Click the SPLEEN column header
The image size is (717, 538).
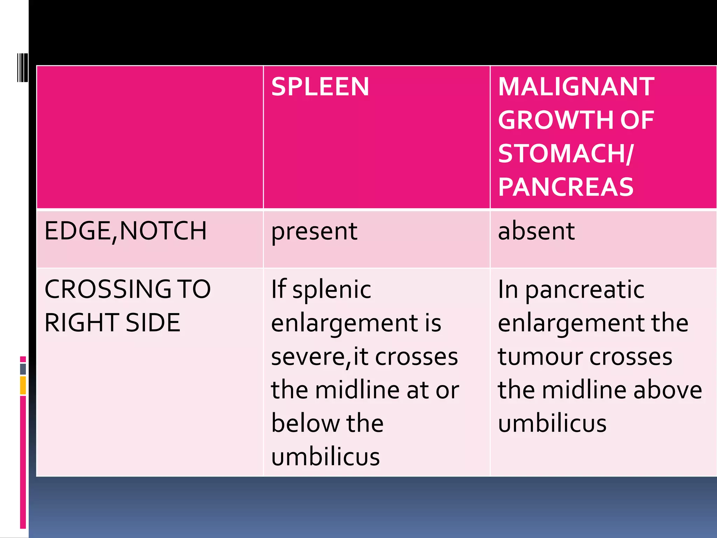tap(320, 87)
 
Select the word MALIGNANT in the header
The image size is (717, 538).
tap(576, 87)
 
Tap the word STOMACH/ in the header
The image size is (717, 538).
tap(565, 153)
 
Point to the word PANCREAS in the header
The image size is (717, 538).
tap(565, 187)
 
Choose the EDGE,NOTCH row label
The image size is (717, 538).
tap(125, 231)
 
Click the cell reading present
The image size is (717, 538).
tap(314, 232)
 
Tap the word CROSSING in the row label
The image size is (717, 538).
tap(108, 289)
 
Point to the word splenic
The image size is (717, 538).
tap(332, 290)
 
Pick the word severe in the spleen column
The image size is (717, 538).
tap(308, 357)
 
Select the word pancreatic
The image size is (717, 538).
tap(585, 290)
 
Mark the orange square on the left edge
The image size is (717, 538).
tap(23, 385)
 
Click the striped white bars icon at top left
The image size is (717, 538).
tap(22, 67)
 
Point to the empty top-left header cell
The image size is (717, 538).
tap(150, 137)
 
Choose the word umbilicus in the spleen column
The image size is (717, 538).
tap(325, 457)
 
